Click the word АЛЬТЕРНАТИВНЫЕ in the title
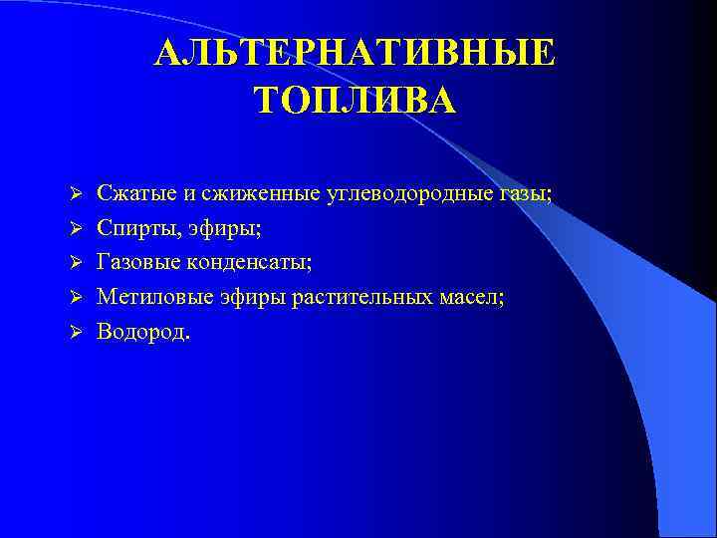[355, 54]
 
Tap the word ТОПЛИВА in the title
[355, 100]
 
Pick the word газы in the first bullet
[524, 194]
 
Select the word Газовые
[134, 263]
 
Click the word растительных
[371, 297]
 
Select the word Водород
[140, 331]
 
